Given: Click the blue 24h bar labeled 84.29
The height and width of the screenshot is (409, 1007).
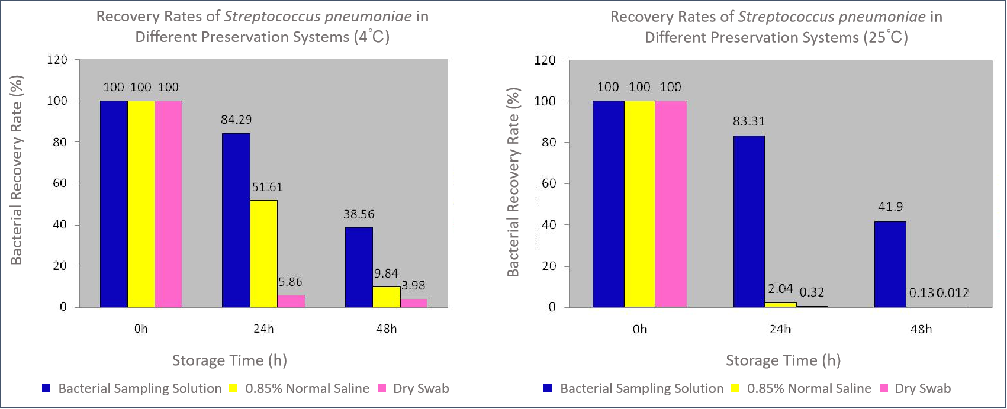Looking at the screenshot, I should (236, 220).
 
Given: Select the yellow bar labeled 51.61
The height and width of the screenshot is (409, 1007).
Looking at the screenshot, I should (263, 253).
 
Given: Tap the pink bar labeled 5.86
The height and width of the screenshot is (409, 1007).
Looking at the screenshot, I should (291, 301).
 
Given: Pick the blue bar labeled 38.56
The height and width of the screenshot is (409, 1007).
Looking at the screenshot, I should (359, 267).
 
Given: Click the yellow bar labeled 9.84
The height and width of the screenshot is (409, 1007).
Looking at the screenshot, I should (386, 297).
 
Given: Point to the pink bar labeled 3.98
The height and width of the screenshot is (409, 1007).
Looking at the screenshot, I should (413, 302).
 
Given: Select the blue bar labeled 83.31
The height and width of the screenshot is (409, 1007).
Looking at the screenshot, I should (749, 221).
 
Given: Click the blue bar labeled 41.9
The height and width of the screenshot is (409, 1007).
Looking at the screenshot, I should (890, 264).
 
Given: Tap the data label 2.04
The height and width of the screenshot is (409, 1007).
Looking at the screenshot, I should (780, 289).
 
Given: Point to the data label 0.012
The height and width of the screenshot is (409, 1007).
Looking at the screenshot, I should (953, 292).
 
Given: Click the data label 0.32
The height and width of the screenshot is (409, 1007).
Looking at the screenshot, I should (812, 292).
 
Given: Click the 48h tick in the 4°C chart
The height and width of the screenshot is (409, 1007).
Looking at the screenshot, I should (386, 328).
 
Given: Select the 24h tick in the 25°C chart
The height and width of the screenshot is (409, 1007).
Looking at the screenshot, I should (780, 329).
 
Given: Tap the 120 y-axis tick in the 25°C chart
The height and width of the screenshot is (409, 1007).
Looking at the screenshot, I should (545, 60).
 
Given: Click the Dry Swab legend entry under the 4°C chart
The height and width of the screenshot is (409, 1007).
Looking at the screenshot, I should (420, 388).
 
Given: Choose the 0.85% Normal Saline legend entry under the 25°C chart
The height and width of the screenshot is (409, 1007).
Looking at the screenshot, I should (809, 388).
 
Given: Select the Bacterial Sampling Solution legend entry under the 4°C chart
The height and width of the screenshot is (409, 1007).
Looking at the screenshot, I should (140, 388).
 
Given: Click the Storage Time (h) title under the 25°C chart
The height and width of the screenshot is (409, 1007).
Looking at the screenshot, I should (783, 360).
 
